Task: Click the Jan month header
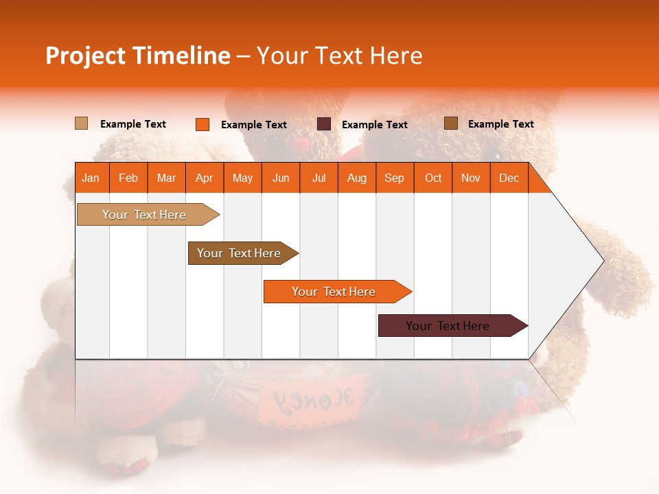pyautogui.click(x=91, y=178)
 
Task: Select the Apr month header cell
pyautogui.click(x=205, y=178)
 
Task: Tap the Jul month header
pyautogui.click(x=319, y=178)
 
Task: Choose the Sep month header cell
pyautogui.click(x=394, y=178)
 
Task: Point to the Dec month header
pyautogui.click(x=509, y=178)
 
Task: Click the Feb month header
pyautogui.click(x=128, y=178)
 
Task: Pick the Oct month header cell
pyautogui.click(x=433, y=178)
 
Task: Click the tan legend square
pyautogui.click(x=81, y=123)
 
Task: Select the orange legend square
pyautogui.click(x=203, y=124)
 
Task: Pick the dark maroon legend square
pyautogui.click(x=324, y=124)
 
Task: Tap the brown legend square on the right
pyautogui.click(x=451, y=123)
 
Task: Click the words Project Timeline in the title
pyautogui.click(x=137, y=56)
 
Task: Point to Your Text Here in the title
pyautogui.click(x=339, y=56)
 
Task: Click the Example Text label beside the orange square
pyautogui.click(x=254, y=125)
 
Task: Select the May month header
pyautogui.click(x=242, y=178)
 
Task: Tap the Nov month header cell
pyautogui.click(x=471, y=178)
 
